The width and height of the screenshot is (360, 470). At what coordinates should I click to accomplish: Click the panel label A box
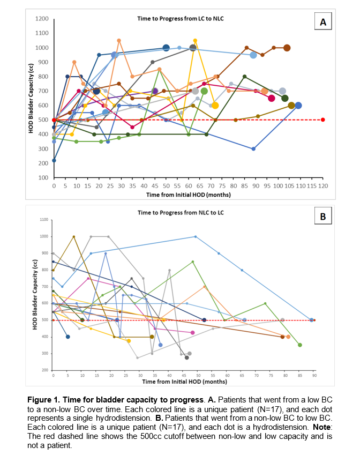coord(322,22)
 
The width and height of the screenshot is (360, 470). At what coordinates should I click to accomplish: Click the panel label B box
coord(322,217)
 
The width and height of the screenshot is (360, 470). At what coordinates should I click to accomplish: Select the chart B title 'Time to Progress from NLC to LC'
coord(181,212)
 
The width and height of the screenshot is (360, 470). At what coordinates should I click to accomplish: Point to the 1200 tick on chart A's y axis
coord(42,19)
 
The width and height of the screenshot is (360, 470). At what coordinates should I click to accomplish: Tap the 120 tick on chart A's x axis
coord(322,185)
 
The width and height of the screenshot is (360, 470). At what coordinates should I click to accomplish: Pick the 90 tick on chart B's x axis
coord(314,376)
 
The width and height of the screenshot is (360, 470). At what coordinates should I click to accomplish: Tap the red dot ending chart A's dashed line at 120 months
coord(322,120)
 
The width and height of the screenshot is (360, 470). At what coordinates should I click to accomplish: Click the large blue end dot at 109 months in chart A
coord(298,106)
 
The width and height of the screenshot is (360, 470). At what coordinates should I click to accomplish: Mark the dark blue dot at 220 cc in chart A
coord(54,160)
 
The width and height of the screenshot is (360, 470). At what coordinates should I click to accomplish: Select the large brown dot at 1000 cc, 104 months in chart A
coord(287,48)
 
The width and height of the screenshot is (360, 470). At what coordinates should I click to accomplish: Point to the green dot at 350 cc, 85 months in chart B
coord(300,345)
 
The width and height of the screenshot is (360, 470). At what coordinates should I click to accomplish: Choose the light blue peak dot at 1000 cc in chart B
coord(196,236)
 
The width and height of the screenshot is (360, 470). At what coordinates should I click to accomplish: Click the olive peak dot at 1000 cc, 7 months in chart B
coord(73,236)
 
